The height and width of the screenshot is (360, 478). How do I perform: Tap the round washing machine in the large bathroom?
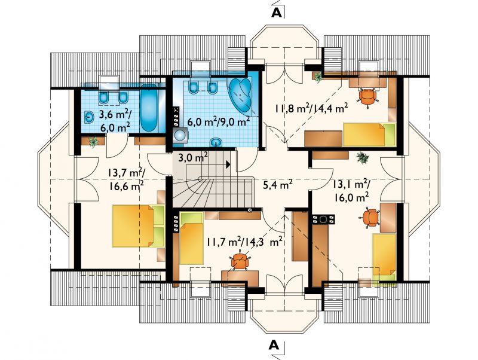[x=180, y=136]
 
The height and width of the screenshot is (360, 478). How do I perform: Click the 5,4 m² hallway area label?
[x=278, y=184]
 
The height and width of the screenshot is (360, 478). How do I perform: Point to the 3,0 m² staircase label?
[x=193, y=158]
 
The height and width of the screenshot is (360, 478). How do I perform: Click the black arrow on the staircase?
[x=228, y=164]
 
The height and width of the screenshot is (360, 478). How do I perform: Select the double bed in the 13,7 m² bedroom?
[x=139, y=226]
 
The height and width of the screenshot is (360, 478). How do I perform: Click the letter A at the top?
[x=276, y=12]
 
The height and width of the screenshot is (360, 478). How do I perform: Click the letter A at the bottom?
[x=274, y=344]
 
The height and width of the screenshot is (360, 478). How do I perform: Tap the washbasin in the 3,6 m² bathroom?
[x=89, y=117]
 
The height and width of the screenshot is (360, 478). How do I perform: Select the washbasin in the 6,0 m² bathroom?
[x=216, y=142]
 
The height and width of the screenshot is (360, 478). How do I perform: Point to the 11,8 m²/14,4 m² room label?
[x=311, y=108]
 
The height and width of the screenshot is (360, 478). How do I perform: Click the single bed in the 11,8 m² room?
[x=369, y=135]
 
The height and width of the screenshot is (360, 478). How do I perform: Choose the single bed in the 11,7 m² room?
[x=192, y=238]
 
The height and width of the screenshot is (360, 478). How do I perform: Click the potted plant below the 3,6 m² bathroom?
[x=93, y=142]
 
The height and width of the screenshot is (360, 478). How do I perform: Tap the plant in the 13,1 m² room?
[x=363, y=158]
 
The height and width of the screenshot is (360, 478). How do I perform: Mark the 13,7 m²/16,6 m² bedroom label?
[x=126, y=179]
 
